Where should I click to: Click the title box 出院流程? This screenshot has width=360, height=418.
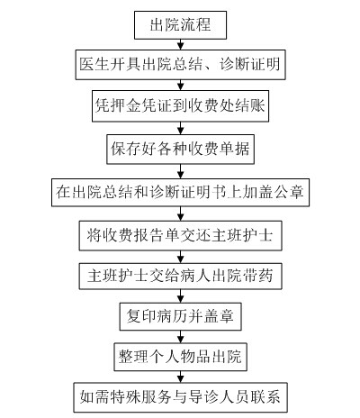click(x=180, y=25)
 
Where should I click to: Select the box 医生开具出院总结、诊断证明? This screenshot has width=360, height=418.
click(x=180, y=65)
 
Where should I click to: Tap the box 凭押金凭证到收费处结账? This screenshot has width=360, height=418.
click(x=180, y=106)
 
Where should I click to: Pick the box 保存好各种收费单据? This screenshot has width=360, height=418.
click(x=180, y=150)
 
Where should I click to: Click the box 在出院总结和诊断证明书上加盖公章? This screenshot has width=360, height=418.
click(x=180, y=192)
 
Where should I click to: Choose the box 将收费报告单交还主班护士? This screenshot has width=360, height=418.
click(x=180, y=236)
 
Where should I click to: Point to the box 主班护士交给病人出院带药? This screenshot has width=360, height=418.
click(x=180, y=277)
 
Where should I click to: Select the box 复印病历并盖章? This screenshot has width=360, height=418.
click(x=180, y=316)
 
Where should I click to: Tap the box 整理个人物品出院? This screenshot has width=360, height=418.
click(x=180, y=357)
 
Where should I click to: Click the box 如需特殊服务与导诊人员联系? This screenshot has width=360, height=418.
click(x=180, y=397)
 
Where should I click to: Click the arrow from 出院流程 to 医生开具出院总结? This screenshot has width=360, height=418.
click(x=180, y=44)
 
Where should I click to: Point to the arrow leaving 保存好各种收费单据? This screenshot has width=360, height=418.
click(x=180, y=171)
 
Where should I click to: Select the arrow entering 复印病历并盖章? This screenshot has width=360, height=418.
click(x=180, y=296)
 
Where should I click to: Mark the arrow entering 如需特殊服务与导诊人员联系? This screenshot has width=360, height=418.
click(x=180, y=377)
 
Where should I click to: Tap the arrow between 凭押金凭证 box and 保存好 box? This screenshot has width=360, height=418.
click(x=180, y=128)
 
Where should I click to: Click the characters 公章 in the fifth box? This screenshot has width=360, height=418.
click(x=290, y=192)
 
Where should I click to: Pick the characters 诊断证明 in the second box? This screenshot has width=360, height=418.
click(x=250, y=65)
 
